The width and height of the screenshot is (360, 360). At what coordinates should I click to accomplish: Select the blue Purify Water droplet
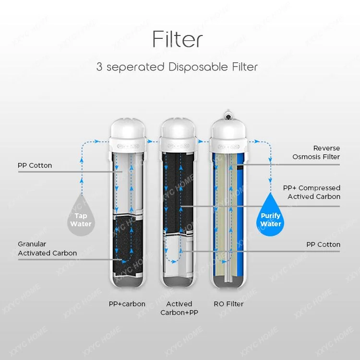[x=271, y=217]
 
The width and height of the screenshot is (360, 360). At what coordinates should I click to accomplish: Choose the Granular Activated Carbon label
[x=47, y=248]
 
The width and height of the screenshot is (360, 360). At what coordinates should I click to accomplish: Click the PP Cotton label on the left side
[x=35, y=165]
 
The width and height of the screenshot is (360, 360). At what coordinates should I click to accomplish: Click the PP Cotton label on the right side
[x=323, y=244]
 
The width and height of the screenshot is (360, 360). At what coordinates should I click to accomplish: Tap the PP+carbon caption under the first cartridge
[x=127, y=304]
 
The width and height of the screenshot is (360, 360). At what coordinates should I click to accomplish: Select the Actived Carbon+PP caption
[x=179, y=308]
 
